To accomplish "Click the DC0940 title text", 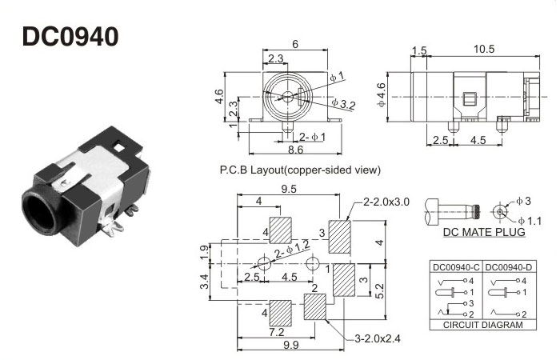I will point(71,37).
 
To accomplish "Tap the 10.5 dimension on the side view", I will point(484,50).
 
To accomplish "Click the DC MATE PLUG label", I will point(483,233).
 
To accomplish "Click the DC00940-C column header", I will point(455,267).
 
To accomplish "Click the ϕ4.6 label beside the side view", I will point(382,95).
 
